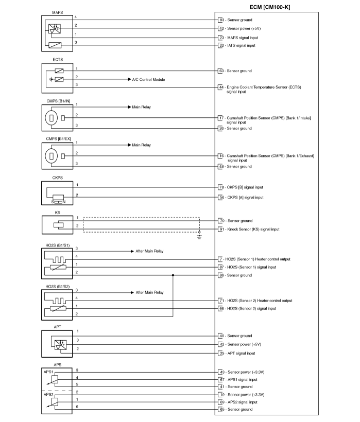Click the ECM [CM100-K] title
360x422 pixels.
(270, 7)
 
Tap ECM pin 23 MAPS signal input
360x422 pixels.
(238, 38)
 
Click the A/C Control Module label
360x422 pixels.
(148, 79)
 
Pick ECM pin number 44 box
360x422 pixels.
(221, 87)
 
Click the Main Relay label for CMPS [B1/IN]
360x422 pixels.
(141, 107)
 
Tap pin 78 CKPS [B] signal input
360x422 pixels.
(241, 187)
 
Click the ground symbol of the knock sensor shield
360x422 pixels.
(199, 237)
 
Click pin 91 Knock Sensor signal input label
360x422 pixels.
(249, 230)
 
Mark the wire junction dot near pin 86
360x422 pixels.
(173, 275)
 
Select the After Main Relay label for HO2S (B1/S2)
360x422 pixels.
(149, 292)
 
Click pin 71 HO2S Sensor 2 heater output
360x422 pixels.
(255, 301)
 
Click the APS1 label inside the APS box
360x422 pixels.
(48, 372)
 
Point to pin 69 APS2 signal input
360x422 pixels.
(238, 402)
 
